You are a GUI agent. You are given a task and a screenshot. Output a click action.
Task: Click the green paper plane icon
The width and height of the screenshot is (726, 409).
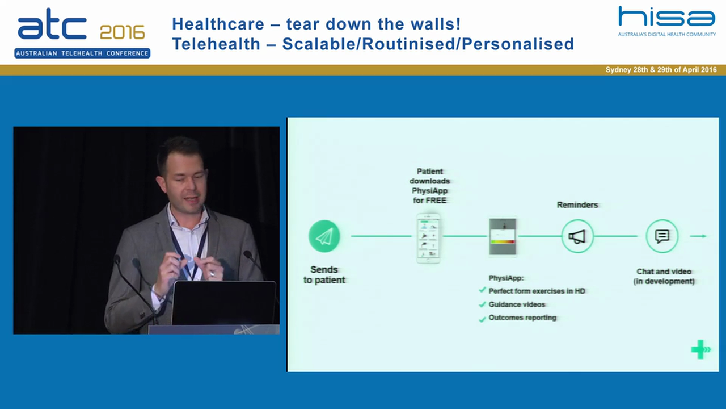click(324, 236)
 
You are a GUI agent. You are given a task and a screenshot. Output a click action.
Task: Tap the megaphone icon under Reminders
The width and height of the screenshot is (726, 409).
click(577, 236)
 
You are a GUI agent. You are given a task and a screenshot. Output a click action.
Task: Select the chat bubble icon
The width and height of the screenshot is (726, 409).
click(662, 236)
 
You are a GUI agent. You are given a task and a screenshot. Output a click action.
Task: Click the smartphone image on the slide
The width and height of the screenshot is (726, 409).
click(429, 238)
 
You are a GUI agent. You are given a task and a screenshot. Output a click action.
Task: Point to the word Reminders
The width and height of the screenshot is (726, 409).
click(577, 204)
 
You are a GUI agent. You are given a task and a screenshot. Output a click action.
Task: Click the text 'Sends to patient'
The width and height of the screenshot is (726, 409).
click(324, 275)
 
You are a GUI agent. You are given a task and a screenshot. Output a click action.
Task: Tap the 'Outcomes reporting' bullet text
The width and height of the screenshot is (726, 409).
click(522, 318)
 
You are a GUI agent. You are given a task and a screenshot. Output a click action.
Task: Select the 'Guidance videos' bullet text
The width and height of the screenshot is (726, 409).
click(517, 304)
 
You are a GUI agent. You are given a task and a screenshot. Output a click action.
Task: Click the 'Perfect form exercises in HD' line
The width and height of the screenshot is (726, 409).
click(537, 291)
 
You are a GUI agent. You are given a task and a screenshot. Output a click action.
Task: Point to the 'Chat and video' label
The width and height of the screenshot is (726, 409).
click(664, 272)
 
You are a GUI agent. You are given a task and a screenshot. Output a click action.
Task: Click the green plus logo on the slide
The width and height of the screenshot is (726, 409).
click(699, 349)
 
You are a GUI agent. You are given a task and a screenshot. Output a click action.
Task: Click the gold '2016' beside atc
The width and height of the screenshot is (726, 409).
click(122, 32)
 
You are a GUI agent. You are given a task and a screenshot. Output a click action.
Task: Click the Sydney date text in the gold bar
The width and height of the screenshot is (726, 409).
click(661, 70)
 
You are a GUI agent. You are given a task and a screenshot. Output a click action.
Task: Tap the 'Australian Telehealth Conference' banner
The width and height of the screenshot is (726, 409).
click(82, 53)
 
